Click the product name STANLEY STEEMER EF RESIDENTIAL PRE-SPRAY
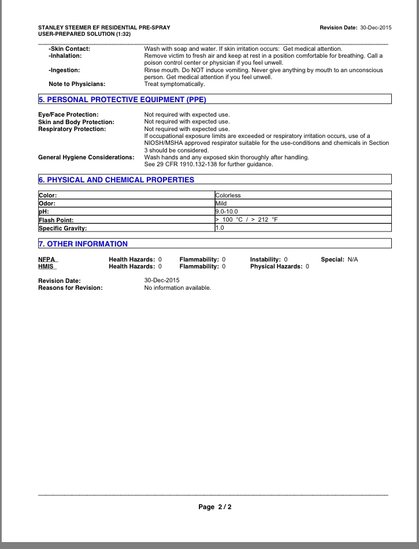[x=104, y=28]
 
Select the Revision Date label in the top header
[x=338, y=28]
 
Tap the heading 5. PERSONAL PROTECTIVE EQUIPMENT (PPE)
[x=122, y=100]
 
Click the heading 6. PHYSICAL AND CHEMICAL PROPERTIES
[x=116, y=180]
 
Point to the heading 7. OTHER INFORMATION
[x=83, y=244]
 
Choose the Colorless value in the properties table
[x=228, y=196]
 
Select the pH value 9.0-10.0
[x=227, y=212]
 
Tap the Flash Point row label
[x=57, y=220]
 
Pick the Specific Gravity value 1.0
[x=219, y=228]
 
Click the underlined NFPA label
[x=47, y=260]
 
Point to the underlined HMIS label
[x=46, y=267]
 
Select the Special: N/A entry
[x=339, y=260]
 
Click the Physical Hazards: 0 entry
[x=279, y=267]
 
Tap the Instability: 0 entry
[x=269, y=260]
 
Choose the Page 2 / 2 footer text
[x=215, y=507]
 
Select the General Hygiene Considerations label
[x=86, y=158]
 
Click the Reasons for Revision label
[x=70, y=287]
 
